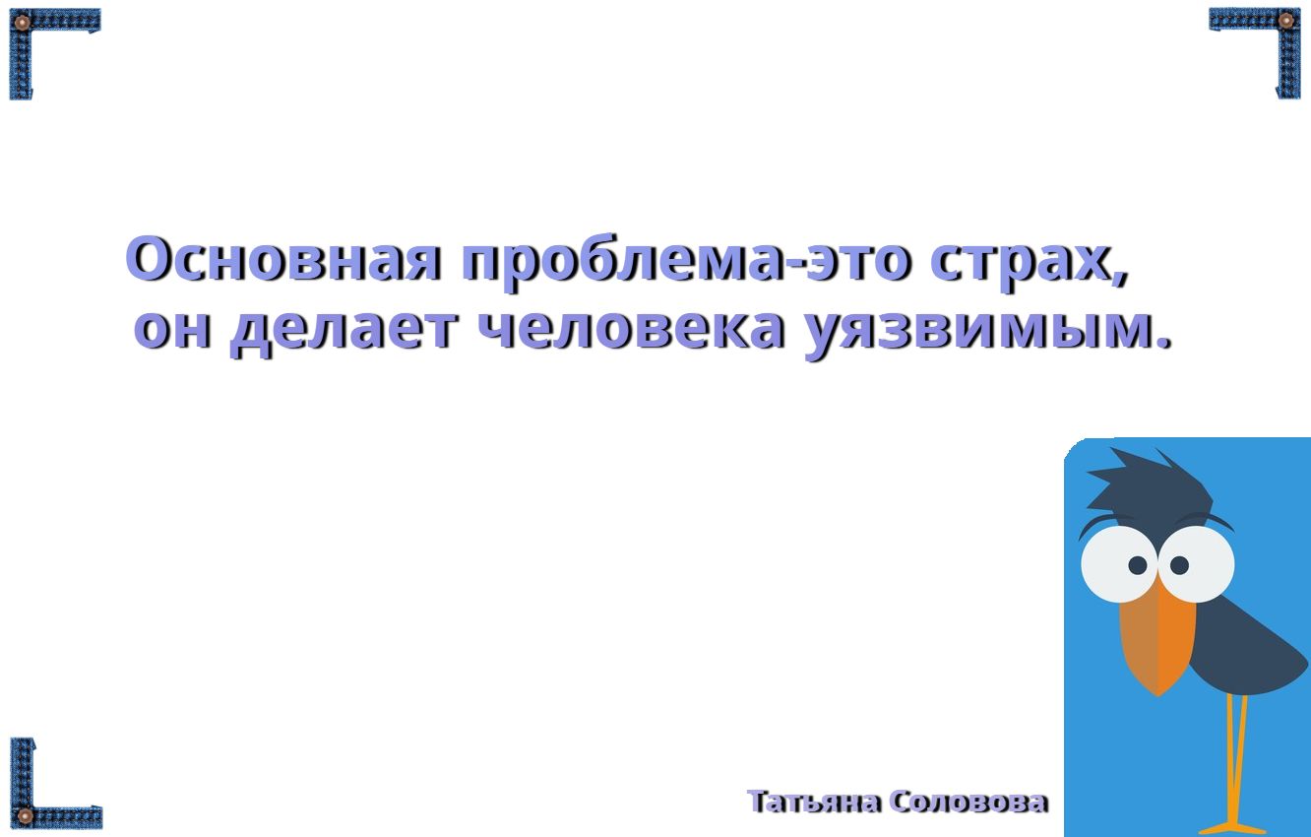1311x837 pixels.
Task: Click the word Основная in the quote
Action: [282, 258]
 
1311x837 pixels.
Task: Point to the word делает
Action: [343, 332]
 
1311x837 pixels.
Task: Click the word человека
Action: [631, 328]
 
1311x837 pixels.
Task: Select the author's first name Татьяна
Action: [814, 802]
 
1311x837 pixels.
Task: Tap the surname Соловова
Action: [969, 802]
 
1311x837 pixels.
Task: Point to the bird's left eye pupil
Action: [1137, 565]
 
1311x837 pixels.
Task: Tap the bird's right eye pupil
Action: [1179, 565]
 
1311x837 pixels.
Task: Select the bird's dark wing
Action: [1241, 650]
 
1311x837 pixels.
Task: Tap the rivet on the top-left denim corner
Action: [22, 23]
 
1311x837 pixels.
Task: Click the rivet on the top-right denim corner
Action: [1285, 22]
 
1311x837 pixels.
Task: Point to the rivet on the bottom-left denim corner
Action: [25, 815]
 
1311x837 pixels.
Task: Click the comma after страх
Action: [1121, 277]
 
